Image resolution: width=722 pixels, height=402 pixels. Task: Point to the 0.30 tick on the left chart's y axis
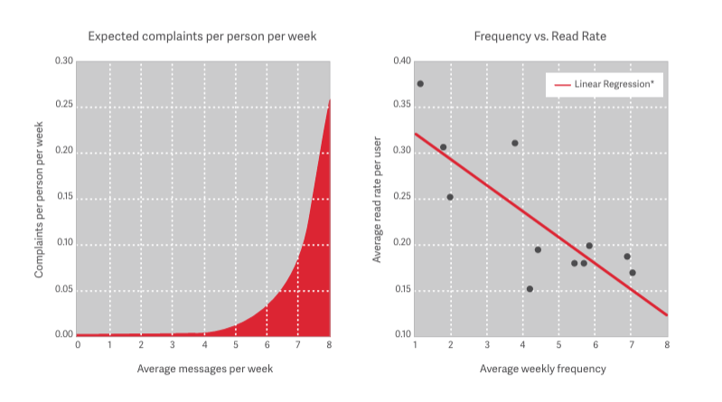click(x=63, y=61)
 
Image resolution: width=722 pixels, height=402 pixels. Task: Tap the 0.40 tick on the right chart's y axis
click(x=401, y=61)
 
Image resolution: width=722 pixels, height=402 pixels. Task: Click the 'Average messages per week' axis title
click(x=204, y=369)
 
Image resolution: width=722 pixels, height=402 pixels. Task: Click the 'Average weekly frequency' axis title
click(x=540, y=369)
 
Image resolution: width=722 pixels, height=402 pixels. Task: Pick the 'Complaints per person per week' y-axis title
click(x=41, y=199)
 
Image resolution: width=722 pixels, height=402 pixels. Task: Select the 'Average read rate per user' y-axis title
click(x=377, y=199)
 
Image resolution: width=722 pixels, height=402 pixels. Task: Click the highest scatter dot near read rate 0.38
click(x=420, y=84)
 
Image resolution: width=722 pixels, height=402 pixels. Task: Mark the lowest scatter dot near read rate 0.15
click(x=530, y=289)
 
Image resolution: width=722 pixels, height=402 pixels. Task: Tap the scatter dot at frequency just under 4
click(x=515, y=143)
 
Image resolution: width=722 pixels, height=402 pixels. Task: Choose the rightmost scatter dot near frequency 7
click(x=633, y=273)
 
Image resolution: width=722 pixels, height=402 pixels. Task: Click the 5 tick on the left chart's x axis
click(x=236, y=344)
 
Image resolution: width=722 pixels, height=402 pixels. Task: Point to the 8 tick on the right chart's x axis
click(x=667, y=344)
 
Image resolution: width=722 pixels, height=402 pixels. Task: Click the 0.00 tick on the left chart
click(x=63, y=335)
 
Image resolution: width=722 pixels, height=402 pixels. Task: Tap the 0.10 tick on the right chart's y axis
click(x=401, y=335)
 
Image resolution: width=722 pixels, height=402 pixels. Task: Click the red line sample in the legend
click(x=561, y=84)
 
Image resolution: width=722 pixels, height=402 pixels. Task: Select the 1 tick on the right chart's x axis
click(x=415, y=344)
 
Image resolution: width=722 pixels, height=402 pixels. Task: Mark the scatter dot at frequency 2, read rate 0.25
click(x=450, y=197)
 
